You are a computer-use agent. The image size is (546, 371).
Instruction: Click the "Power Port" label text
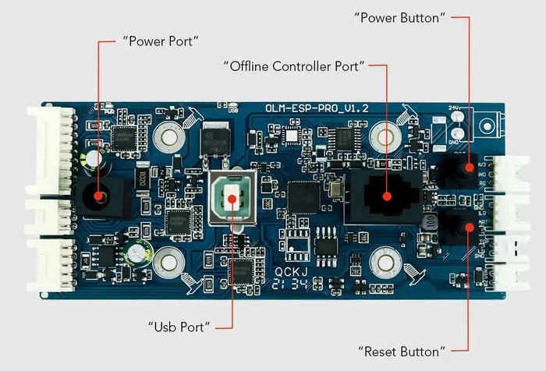[x=161, y=41]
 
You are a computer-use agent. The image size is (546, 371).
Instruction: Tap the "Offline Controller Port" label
[x=294, y=66]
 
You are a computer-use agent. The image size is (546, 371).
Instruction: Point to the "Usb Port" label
[x=179, y=327]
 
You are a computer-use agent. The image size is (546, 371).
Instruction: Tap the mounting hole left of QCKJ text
[x=168, y=261]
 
